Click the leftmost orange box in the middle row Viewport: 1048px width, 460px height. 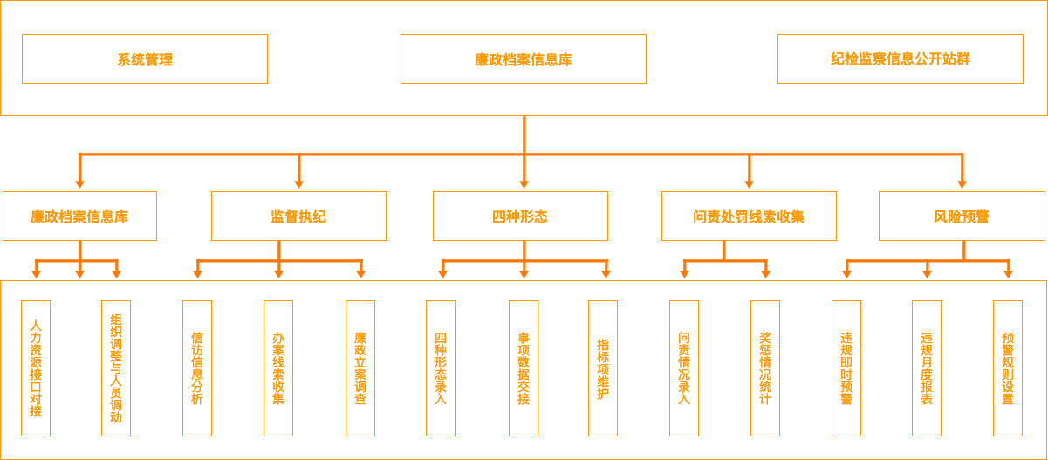(x=79, y=216)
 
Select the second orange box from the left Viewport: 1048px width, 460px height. (x=298, y=216)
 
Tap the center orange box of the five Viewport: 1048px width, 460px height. (x=520, y=216)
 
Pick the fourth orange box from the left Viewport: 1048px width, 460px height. (x=749, y=216)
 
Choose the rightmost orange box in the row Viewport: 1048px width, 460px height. (x=962, y=216)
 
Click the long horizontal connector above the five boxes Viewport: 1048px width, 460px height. (x=410, y=154)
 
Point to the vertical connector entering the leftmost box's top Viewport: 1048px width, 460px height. (x=79, y=174)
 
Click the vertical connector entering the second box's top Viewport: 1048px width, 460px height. (x=298, y=174)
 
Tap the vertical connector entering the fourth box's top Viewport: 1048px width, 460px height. (x=749, y=174)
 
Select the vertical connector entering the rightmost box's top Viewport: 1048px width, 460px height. (x=962, y=174)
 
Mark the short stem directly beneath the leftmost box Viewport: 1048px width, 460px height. (x=79, y=250)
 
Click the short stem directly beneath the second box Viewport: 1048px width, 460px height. (x=278, y=250)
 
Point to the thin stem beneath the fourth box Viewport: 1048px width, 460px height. (x=724, y=250)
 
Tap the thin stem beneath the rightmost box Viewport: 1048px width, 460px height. (x=963, y=250)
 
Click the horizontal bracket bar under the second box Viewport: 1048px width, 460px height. (x=236, y=261)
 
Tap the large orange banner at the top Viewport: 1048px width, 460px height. (x=524, y=58)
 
